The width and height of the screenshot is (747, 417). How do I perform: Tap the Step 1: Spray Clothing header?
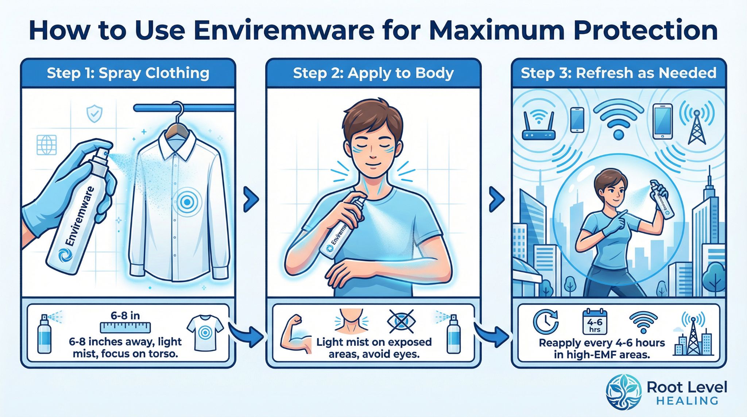point(128,73)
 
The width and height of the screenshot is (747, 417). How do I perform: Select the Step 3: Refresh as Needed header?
point(618,73)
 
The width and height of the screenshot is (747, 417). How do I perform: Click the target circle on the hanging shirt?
point(187,201)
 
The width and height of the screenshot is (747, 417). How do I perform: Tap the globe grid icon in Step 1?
point(47,144)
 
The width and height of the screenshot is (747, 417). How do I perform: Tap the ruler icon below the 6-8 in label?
point(125,327)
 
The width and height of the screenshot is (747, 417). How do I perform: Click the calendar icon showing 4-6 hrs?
point(595,322)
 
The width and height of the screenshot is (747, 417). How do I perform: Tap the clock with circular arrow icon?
point(546,322)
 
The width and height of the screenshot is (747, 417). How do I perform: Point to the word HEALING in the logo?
point(687,401)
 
